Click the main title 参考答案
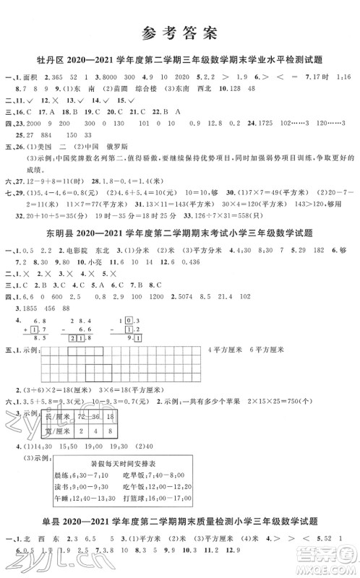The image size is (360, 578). (x=179, y=33)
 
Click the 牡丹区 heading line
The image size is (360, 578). (x=179, y=60)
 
